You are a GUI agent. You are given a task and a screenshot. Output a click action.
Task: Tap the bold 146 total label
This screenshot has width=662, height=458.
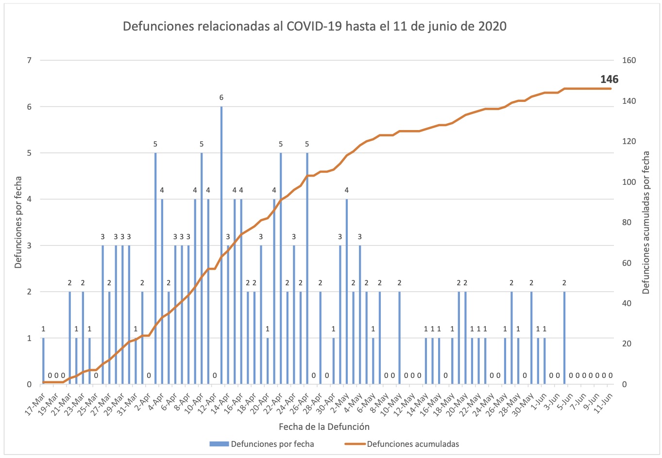609,80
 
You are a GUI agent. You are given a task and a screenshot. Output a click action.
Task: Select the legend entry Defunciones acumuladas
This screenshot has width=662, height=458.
412,444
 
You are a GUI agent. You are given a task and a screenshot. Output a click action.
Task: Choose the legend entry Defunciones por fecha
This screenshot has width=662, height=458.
272,444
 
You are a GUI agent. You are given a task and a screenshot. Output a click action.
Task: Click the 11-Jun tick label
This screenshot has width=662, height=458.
603,402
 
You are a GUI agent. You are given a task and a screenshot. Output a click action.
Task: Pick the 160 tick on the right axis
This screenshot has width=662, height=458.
628,61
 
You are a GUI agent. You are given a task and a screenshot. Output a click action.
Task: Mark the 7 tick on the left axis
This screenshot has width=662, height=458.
29,61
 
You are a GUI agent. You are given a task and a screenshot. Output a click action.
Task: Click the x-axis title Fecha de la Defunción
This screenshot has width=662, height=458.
324,427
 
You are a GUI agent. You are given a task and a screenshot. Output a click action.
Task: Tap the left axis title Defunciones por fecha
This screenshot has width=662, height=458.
18,222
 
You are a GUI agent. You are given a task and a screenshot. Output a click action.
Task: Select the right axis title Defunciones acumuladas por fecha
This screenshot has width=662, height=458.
646,222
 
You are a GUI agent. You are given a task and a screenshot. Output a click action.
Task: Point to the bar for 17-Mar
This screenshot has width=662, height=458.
43,361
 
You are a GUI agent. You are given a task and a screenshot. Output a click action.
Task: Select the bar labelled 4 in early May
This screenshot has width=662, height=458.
347,291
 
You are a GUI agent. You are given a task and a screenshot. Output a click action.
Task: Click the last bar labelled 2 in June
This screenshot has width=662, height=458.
564,338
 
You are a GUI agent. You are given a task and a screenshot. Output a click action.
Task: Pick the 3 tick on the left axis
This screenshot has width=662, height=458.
29,245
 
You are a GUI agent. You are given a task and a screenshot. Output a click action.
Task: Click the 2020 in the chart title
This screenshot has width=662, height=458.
492,26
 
